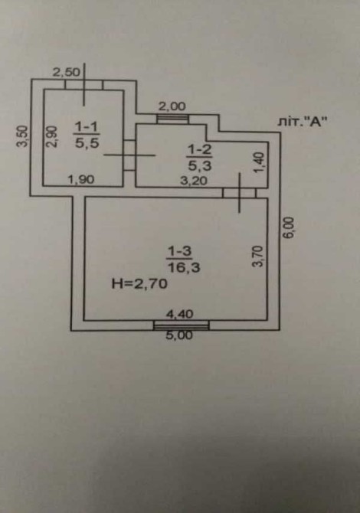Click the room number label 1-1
87,126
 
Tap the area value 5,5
87,142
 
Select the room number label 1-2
199,150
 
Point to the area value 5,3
200,165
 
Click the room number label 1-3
179,252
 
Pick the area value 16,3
184,268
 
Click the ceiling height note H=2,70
139,283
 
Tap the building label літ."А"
303,122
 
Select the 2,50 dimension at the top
67,72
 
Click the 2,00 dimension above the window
172,106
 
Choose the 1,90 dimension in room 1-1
81,179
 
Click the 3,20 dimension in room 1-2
194,181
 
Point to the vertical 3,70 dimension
258,256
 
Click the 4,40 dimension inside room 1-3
180,314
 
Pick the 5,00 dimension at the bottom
179,335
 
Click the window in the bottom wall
182,325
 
